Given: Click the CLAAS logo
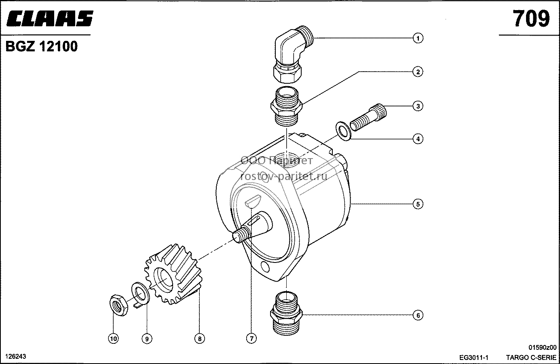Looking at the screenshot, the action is pos(50,19).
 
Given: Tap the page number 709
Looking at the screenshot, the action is pos(531,19).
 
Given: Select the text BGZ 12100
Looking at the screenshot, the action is pos(42,47).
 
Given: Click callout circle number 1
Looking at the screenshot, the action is pos(418,38).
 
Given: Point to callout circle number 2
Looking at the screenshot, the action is pos(418,72).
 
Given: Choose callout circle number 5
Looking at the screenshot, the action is pos(418,204).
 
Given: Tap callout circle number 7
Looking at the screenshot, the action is pos(251,339).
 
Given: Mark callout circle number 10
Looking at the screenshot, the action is pos(113,339).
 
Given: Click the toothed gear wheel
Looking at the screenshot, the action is pos(173,274).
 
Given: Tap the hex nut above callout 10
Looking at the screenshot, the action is pos(119,305).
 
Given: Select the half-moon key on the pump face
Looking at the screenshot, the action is pos(253,201).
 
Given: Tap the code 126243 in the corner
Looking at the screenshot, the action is pos(16,356).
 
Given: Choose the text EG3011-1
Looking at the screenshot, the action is pos(474,358).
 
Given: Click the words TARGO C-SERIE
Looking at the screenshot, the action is pos(531,358).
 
